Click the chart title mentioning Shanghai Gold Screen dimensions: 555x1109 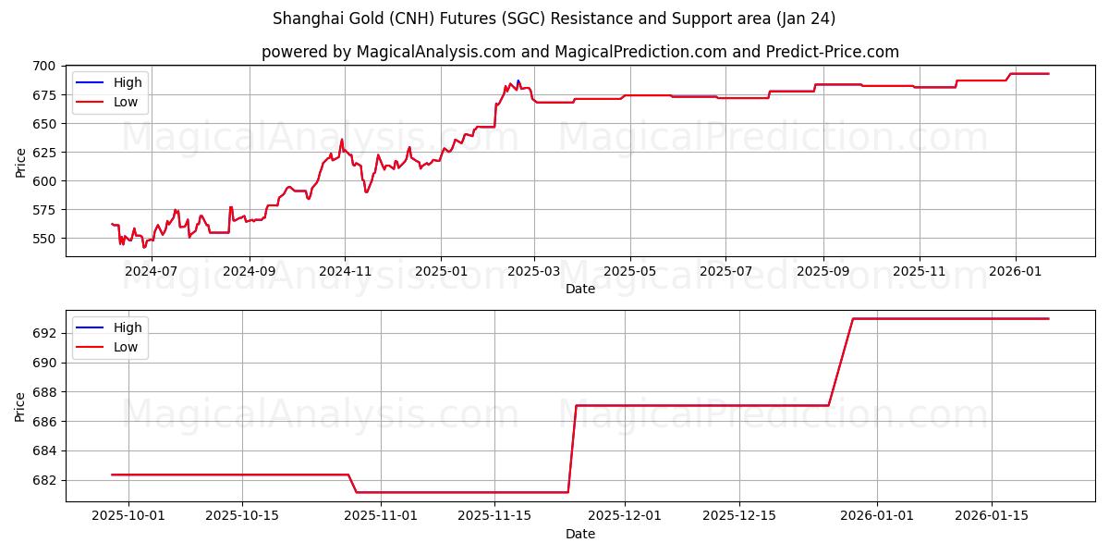pos(554,18)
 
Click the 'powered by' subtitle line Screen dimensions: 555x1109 pos(579,52)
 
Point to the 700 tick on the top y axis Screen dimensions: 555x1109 pos(44,66)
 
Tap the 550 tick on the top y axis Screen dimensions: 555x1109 pos(44,239)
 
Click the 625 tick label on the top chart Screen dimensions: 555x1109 pos(44,153)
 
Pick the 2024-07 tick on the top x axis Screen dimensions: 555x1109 pos(151,272)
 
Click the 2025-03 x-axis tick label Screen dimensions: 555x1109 pos(534,272)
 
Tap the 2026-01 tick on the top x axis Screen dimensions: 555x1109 pos(1016,272)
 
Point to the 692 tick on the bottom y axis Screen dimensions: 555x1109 pos(44,333)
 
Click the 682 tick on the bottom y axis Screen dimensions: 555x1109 pos(44,480)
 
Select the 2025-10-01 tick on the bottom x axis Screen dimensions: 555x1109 pos(128,516)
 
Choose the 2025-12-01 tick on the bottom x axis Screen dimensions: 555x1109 pos(625,516)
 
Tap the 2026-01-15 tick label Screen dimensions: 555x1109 pos(992,516)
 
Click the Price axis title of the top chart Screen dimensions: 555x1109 pos(21,161)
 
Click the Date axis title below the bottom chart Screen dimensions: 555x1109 pos(579,534)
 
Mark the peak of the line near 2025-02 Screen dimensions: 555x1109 pos(518,80)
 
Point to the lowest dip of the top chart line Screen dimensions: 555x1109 pos(143,247)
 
